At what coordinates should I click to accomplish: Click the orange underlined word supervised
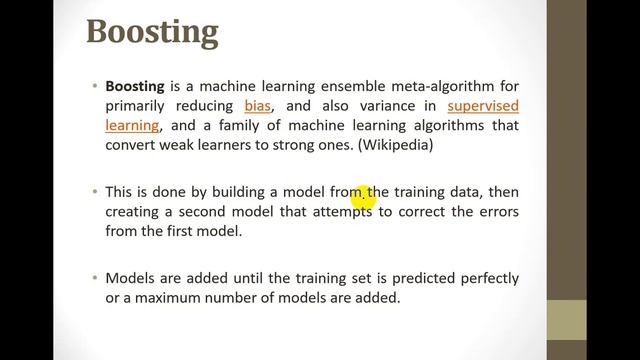[483, 105]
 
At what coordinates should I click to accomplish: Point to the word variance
[377, 105]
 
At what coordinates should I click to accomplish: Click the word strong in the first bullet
[310, 143]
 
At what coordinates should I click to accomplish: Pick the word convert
[131, 143]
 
